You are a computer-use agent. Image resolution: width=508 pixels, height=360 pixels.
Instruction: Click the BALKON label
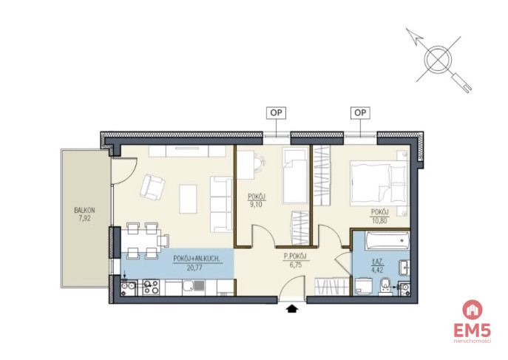(x=84, y=210)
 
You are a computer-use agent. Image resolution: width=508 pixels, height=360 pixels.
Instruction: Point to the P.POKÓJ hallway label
(x=295, y=257)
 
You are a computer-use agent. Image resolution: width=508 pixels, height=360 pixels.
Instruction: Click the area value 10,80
(x=379, y=222)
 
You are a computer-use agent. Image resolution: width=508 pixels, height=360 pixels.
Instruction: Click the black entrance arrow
(x=292, y=308)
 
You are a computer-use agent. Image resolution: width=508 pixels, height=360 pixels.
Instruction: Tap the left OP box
(x=277, y=113)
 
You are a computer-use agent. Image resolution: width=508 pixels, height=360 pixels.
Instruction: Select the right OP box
(x=360, y=112)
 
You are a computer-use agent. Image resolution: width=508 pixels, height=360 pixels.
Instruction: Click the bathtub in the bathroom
(x=387, y=240)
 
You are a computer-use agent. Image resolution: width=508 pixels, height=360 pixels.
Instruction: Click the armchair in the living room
(x=152, y=187)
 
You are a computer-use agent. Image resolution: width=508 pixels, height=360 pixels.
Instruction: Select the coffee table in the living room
(x=189, y=199)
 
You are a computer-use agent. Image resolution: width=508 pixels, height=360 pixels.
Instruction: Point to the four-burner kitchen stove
(x=151, y=288)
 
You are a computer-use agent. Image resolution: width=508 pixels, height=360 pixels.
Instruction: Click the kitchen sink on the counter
(x=193, y=287)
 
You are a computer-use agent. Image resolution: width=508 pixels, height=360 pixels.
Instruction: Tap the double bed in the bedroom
(x=379, y=183)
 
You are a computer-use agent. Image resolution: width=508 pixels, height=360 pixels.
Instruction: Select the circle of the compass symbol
(x=438, y=59)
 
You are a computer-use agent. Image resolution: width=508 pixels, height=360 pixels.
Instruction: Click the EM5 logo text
(x=472, y=331)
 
